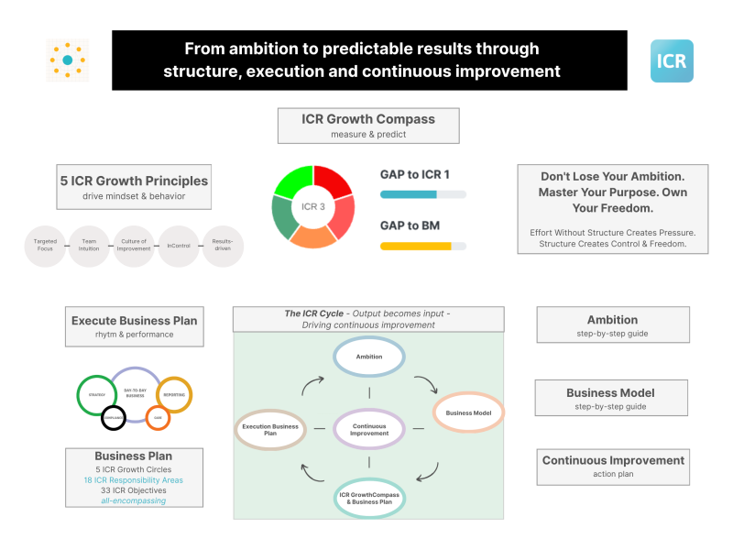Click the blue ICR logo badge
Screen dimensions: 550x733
(x=672, y=60)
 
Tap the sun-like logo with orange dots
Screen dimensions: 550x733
(x=68, y=60)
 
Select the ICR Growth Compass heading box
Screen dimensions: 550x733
(x=368, y=126)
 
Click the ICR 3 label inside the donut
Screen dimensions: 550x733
(x=313, y=206)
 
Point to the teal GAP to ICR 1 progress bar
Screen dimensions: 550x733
(x=422, y=194)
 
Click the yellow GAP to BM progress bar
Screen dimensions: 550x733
(x=422, y=246)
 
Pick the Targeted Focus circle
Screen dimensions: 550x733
(x=45, y=246)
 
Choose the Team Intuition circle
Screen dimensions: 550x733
(x=89, y=246)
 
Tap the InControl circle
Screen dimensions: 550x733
(x=178, y=246)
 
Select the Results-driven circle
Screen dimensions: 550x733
(x=223, y=246)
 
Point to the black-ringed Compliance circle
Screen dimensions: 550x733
(x=114, y=417)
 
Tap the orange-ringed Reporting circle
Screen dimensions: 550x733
(x=174, y=393)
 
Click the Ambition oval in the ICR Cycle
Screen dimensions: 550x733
(x=369, y=357)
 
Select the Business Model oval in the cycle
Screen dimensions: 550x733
(x=468, y=413)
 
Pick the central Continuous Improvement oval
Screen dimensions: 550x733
(x=369, y=427)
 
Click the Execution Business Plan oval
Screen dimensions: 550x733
(x=269, y=428)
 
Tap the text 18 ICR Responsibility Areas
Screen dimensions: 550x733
(x=134, y=479)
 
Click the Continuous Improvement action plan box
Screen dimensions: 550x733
(x=613, y=466)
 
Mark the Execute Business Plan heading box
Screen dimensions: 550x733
(x=134, y=326)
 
